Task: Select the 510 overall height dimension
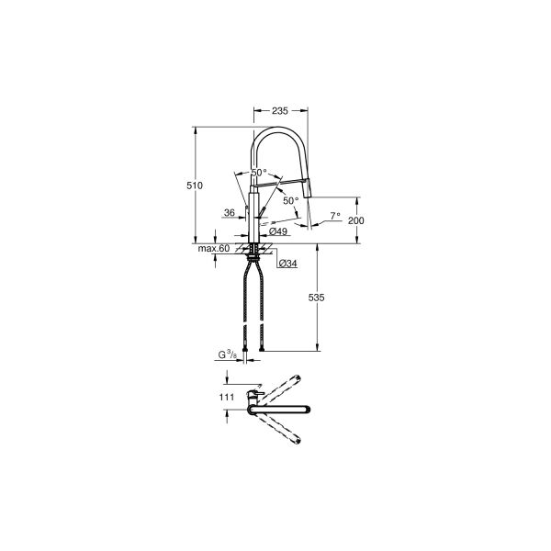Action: pos(194,186)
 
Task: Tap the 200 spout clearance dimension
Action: pos(357,221)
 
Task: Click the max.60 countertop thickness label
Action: pos(213,249)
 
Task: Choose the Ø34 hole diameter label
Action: pos(286,264)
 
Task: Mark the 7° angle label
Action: pos(334,217)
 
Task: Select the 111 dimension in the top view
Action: pos(224,397)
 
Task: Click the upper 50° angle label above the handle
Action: pos(259,173)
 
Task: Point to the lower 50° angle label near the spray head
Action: pos(290,199)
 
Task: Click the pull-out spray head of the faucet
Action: pos(308,190)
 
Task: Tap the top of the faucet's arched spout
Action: pos(280,129)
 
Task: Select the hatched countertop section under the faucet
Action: pos(254,248)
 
